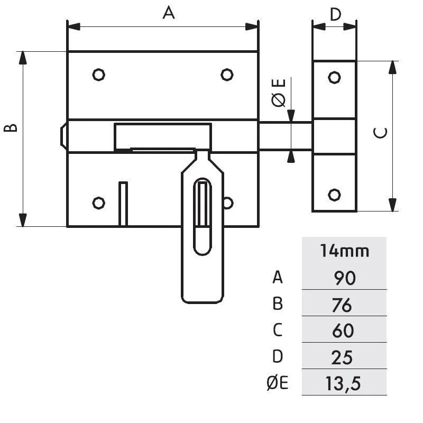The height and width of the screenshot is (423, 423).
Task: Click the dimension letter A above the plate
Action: tap(168, 13)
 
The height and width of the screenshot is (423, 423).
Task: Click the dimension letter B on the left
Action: tap(11, 127)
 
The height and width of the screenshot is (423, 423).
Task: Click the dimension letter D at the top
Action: tap(335, 14)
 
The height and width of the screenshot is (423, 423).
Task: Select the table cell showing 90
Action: tap(344, 277)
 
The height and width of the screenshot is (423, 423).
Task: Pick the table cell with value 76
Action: tap(344, 304)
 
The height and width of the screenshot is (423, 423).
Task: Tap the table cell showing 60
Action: tap(344, 330)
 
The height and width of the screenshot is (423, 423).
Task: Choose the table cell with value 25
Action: tap(344, 357)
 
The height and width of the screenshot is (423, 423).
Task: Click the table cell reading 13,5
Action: tap(344, 383)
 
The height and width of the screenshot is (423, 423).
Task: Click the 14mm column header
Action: tap(344, 251)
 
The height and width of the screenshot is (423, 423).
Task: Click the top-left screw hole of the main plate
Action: tap(98, 75)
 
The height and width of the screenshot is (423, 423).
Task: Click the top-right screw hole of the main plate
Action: tap(227, 75)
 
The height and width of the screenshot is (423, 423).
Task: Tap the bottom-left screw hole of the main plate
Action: tap(98, 202)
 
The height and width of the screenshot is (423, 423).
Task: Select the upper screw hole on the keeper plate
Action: tap(334, 77)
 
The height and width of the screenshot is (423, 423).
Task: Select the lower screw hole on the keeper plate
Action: tap(334, 194)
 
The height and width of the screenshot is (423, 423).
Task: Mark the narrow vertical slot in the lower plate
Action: tap(123, 204)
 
